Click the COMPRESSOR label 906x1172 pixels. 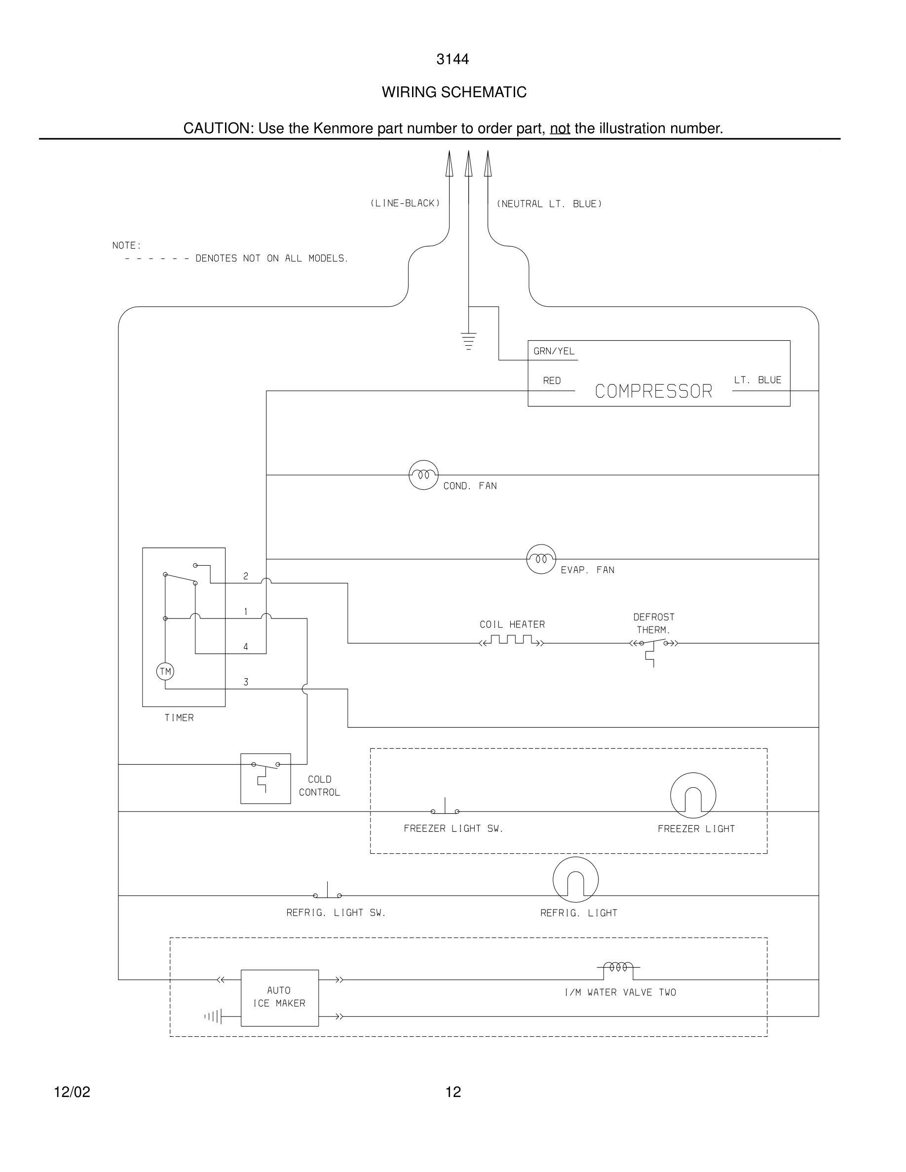653,391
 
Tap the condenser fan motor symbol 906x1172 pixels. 423,475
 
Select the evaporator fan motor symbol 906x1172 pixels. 541,559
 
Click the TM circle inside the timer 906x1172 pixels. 165,671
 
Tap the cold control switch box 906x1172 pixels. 265,778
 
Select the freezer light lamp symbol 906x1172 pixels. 693,795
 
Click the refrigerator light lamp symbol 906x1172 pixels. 575,879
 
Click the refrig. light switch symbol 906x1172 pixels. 327,893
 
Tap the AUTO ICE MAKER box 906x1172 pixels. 279,997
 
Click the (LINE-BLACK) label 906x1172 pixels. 405,203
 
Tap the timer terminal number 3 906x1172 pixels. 246,682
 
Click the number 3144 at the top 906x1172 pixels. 453,60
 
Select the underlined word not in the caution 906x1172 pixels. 560,129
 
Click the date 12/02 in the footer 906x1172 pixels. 72,1092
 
